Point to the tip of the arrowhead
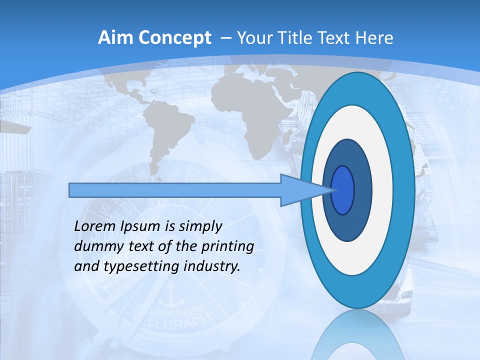pyautogui.click(x=334, y=190)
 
